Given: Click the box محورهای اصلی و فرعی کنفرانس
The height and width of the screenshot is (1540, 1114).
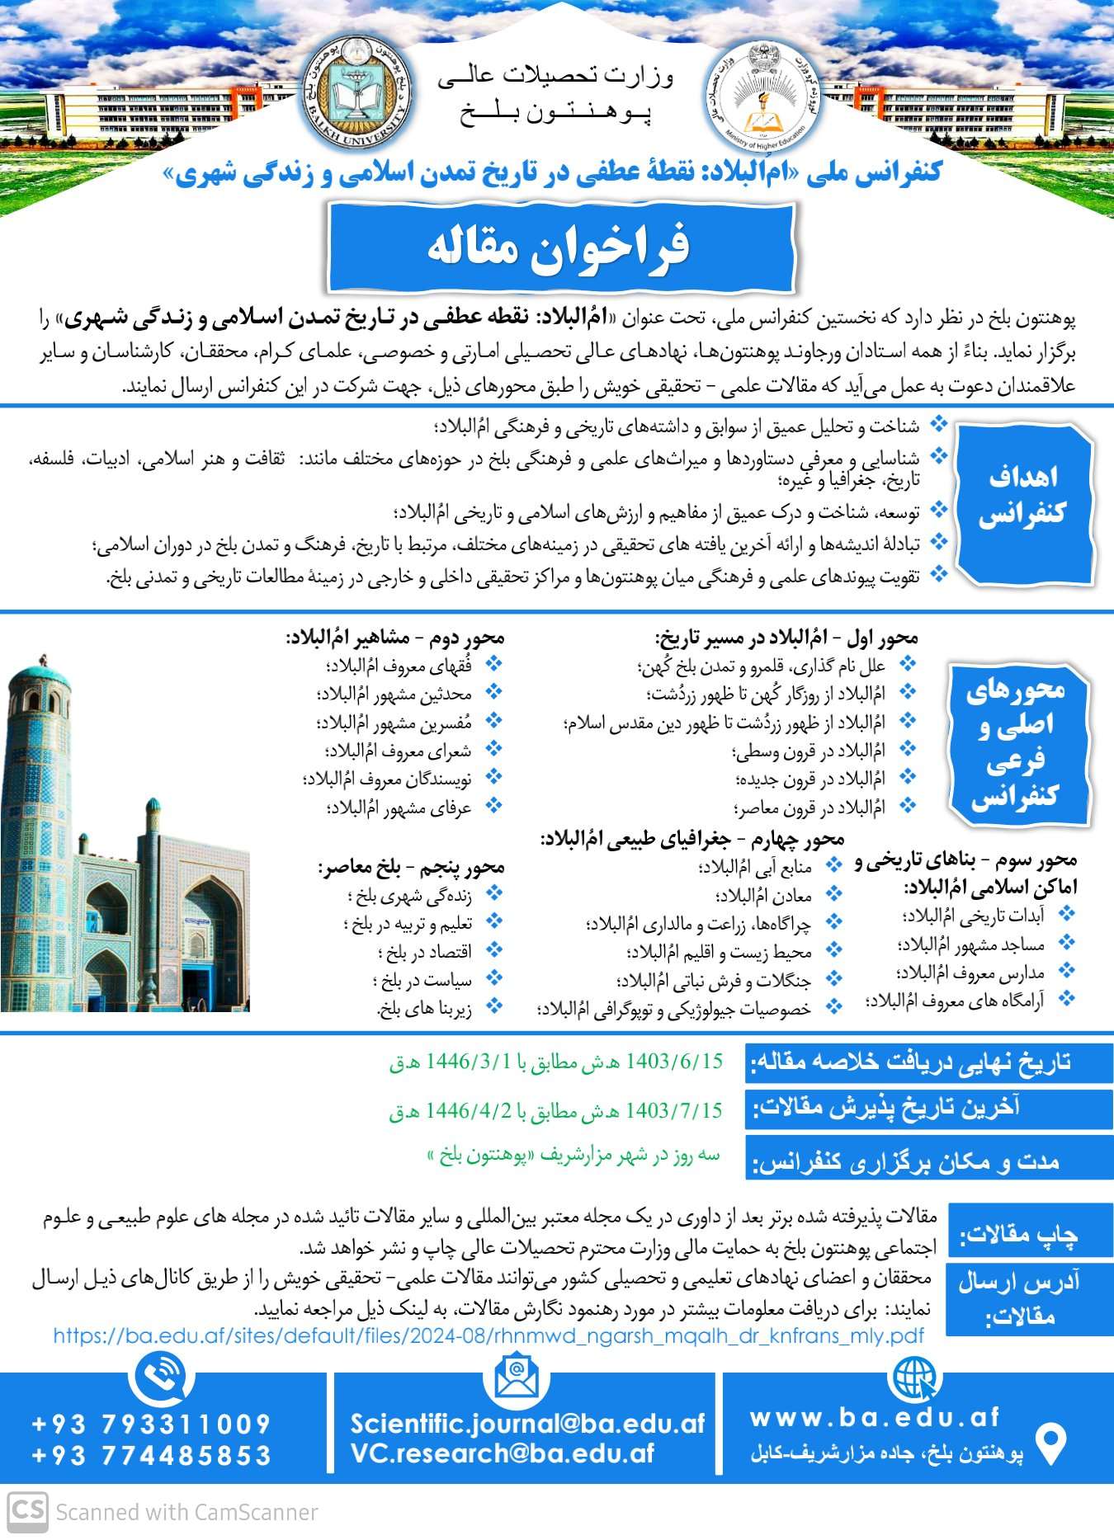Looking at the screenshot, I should pyautogui.click(x=1016, y=742).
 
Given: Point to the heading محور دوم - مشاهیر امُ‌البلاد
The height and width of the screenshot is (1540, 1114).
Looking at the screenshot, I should pyautogui.click(x=395, y=638).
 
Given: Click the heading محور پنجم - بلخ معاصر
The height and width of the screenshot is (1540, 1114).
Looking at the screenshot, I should pyautogui.click(x=411, y=867).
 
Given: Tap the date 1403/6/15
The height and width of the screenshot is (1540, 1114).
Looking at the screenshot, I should pyautogui.click(x=674, y=1062).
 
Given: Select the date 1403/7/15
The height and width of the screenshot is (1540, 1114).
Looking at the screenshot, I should pyautogui.click(x=674, y=1111).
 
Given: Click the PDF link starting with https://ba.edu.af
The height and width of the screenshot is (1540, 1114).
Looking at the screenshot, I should pyautogui.click(x=488, y=1335).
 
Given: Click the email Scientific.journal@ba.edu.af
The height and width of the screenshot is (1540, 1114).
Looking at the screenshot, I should pyautogui.click(x=527, y=1424).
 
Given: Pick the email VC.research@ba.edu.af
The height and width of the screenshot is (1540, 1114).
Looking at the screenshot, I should pyautogui.click(x=502, y=1454).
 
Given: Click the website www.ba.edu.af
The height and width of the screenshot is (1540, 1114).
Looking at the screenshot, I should pyautogui.click(x=875, y=1417).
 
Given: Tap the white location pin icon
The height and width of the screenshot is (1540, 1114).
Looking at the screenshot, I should pyautogui.click(x=1050, y=1443).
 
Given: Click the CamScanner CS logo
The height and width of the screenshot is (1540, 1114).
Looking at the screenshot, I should pyautogui.click(x=27, y=1511).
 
